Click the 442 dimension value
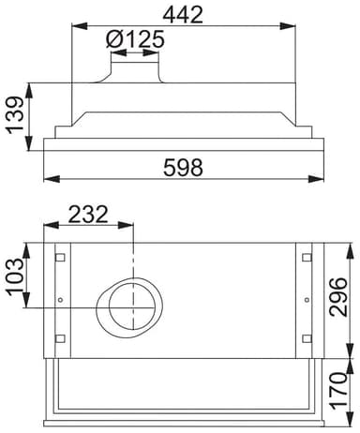click(183, 15)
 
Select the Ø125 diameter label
click(135, 39)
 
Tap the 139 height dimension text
click(15, 115)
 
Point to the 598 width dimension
click(183, 168)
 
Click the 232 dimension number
click(88, 215)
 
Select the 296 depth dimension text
click(338, 297)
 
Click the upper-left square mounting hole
click(60, 258)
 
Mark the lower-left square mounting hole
click(60, 338)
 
